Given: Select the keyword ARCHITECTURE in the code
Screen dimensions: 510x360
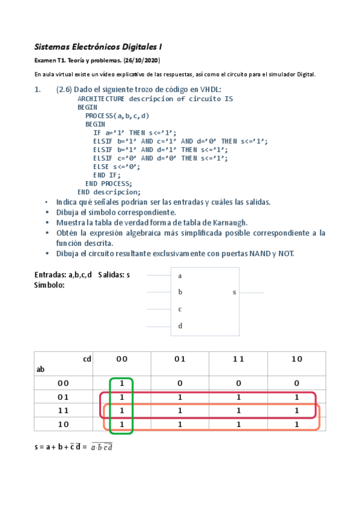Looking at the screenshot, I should click(x=101, y=99).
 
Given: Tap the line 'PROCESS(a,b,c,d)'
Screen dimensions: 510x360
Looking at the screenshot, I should click(x=117, y=115).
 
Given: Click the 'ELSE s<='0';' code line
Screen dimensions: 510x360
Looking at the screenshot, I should click(x=116, y=167).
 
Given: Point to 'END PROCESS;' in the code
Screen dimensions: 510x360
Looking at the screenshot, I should click(x=108, y=183).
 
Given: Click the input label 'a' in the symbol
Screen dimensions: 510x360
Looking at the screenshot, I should click(x=180, y=275).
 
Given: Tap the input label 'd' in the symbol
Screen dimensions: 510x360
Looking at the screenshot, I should click(x=180, y=326).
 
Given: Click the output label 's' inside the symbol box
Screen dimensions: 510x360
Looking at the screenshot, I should click(x=234, y=292).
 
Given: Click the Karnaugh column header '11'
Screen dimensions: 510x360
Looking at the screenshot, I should click(x=239, y=359).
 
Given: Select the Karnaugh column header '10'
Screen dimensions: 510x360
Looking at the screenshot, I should click(x=297, y=359).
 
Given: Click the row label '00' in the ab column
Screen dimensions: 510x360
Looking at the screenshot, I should click(x=63, y=383).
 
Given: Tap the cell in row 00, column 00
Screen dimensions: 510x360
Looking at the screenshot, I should click(x=122, y=383).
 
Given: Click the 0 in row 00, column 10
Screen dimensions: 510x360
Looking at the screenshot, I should click(x=297, y=383).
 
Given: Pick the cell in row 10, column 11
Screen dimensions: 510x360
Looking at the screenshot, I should click(x=239, y=425).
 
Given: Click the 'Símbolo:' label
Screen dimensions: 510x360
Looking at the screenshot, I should click(x=50, y=284).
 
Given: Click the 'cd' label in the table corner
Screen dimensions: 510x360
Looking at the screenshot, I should click(x=87, y=359).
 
